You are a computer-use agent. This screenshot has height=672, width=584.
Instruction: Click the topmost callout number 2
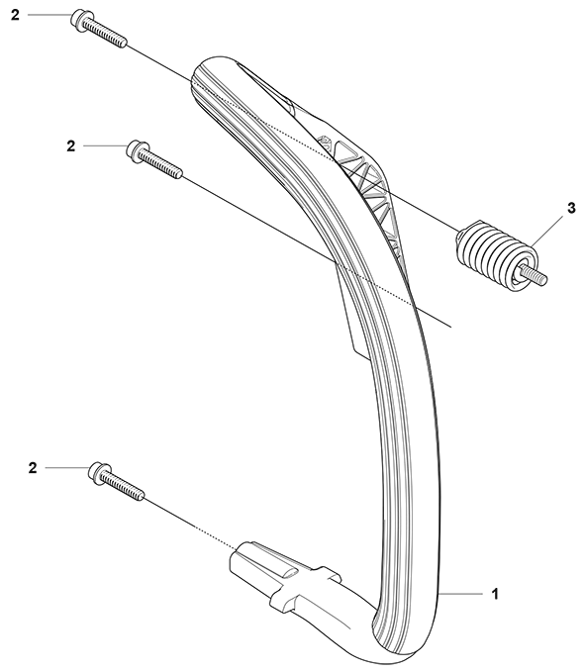pyautogui.click(x=15, y=16)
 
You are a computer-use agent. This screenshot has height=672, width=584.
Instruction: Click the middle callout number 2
pyautogui.click(x=70, y=146)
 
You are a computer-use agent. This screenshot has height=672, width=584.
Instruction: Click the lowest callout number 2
pyautogui.click(x=33, y=468)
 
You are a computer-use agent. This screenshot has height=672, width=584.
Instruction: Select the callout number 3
pyautogui.click(x=571, y=209)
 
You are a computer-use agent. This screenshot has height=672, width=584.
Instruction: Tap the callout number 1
pyautogui.click(x=495, y=595)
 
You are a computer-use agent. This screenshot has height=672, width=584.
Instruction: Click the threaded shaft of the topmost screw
pyautogui.click(x=104, y=34)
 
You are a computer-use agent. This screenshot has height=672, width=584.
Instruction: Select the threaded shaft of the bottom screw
pyautogui.click(x=123, y=486)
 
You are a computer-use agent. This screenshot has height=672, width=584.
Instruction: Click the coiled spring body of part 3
pyautogui.click(x=494, y=256)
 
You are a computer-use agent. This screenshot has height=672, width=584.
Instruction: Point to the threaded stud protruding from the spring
pyautogui.click(x=535, y=275)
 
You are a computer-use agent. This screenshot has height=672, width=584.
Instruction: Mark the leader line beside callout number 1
pyautogui.click(x=460, y=594)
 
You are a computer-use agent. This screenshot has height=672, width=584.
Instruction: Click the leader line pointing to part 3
pyautogui.click(x=547, y=232)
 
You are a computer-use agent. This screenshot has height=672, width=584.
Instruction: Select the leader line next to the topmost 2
pyautogui.click(x=49, y=15)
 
